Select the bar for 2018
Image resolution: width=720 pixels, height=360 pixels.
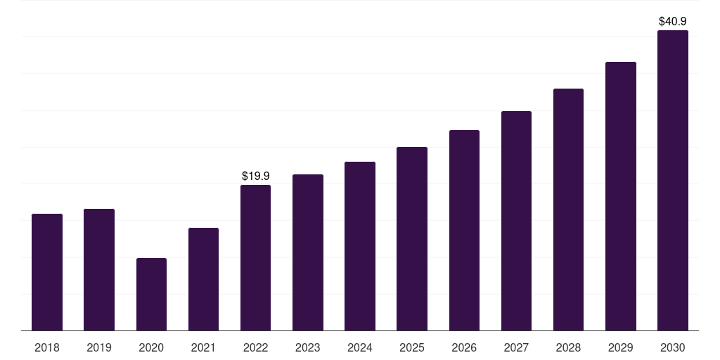point(47,272)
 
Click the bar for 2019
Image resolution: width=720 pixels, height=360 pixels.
point(99,270)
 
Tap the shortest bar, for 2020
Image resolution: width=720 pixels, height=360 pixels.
point(151,295)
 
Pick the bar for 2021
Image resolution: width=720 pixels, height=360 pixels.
point(203,279)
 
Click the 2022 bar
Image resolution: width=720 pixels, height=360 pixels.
point(255,258)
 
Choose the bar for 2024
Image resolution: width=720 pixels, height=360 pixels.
point(360,246)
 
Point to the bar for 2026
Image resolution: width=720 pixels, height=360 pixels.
point(464,231)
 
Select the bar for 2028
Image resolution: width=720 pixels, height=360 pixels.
point(568,210)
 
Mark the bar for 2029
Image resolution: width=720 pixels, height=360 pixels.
point(621,197)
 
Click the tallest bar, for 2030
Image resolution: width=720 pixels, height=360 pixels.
point(673,181)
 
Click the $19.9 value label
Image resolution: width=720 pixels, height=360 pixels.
point(256,176)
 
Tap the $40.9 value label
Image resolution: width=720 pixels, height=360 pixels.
point(673,21)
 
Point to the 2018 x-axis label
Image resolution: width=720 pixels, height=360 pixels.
point(47,347)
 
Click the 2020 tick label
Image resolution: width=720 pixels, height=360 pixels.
point(151,347)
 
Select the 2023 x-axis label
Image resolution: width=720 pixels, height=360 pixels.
point(308,347)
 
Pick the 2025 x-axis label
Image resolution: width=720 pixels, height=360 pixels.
point(412,347)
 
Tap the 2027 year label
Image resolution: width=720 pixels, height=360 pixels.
point(516,347)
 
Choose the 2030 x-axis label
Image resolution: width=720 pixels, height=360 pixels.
point(673,347)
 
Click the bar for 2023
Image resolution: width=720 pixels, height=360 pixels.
point(308,252)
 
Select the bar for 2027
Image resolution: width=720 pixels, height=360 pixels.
point(516,221)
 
